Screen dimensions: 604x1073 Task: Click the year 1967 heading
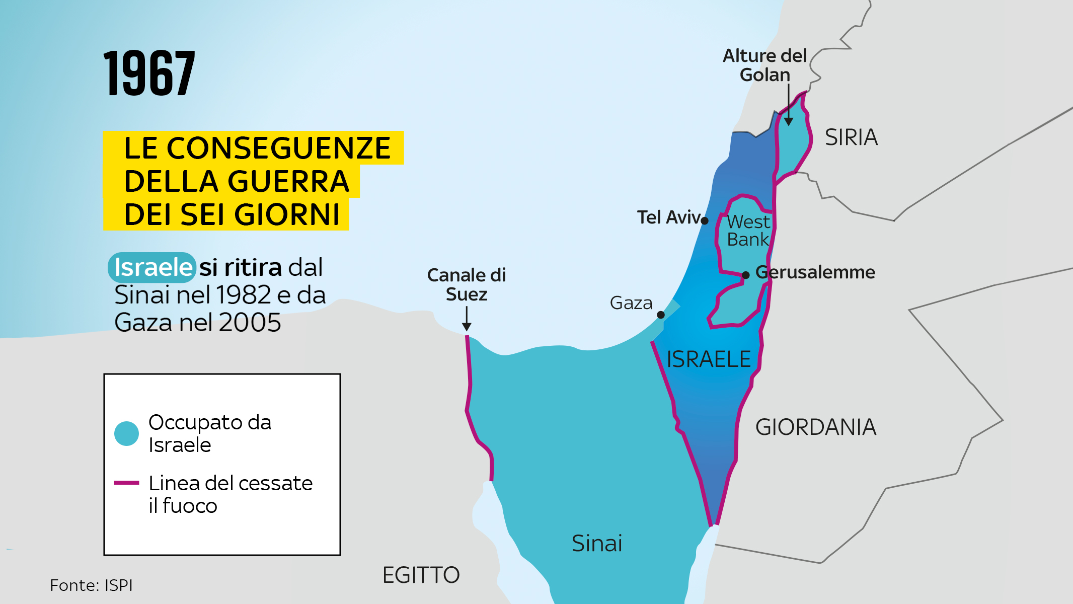(x=149, y=73)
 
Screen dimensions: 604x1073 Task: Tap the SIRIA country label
(x=851, y=137)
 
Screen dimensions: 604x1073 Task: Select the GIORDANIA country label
(x=815, y=427)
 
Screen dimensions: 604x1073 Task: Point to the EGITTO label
(x=421, y=575)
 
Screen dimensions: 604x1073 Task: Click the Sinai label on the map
(x=597, y=544)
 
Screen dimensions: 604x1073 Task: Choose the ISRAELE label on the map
(x=708, y=359)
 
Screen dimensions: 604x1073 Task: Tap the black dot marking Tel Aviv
(x=705, y=220)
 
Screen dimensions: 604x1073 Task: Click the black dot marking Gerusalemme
(x=746, y=275)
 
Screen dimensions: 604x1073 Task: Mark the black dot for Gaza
(x=661, y=315)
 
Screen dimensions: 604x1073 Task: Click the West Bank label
(x=748, y=231)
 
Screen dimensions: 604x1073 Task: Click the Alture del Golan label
(x=764, y=65)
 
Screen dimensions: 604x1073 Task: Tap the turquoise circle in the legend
(x=126, y=433)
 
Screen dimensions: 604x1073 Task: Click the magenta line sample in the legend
(x=126, y=483)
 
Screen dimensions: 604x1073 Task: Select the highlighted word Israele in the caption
(x=152, y=267)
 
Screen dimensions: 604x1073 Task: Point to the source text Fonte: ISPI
(x=91, y=585)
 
